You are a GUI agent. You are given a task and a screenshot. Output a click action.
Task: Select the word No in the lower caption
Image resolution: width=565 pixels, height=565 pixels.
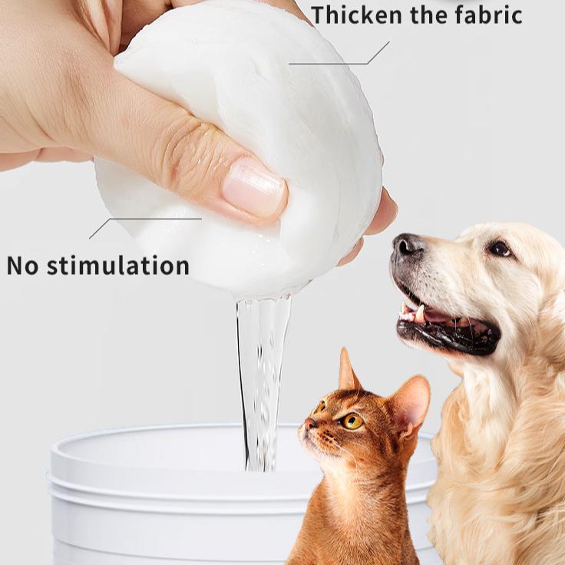pyautogui.click(x=22, y=266)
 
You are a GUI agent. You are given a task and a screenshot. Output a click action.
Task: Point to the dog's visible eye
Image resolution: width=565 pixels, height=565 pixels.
pyautogui.click(x=500, y=248)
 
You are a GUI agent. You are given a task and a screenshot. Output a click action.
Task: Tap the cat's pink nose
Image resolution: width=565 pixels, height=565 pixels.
pyautogui.click(x=310, y=423)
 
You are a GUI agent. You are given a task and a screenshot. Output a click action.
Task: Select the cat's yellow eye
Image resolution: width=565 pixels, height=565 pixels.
pyautogui.click(x=352, y=421)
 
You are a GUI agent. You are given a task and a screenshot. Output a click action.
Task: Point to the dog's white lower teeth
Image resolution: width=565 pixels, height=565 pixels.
pyautogui.click(x=419, y=312)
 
